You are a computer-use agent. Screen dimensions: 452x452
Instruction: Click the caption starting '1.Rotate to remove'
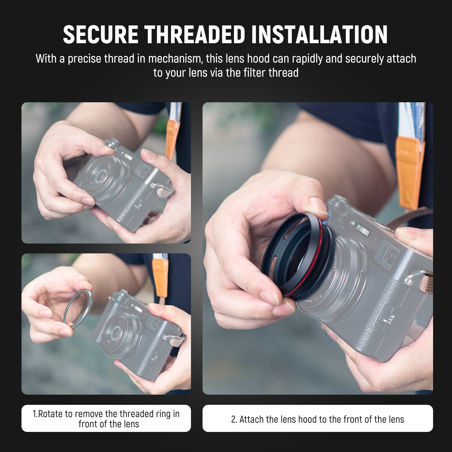(x=106, y=419)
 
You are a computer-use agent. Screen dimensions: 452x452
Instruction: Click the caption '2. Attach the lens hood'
(x=318, y=419)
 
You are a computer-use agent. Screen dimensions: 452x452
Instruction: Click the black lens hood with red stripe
(x=297, y=249)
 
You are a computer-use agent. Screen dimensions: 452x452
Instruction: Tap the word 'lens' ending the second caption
(x=396, y=419)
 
